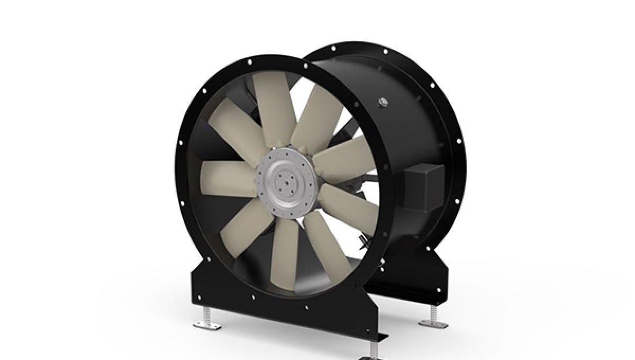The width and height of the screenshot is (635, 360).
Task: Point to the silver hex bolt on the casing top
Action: click(382, 102)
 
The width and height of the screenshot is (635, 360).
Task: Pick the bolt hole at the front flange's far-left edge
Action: click(180, 142)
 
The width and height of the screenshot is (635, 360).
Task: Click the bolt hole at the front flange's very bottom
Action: click(306, 307)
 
